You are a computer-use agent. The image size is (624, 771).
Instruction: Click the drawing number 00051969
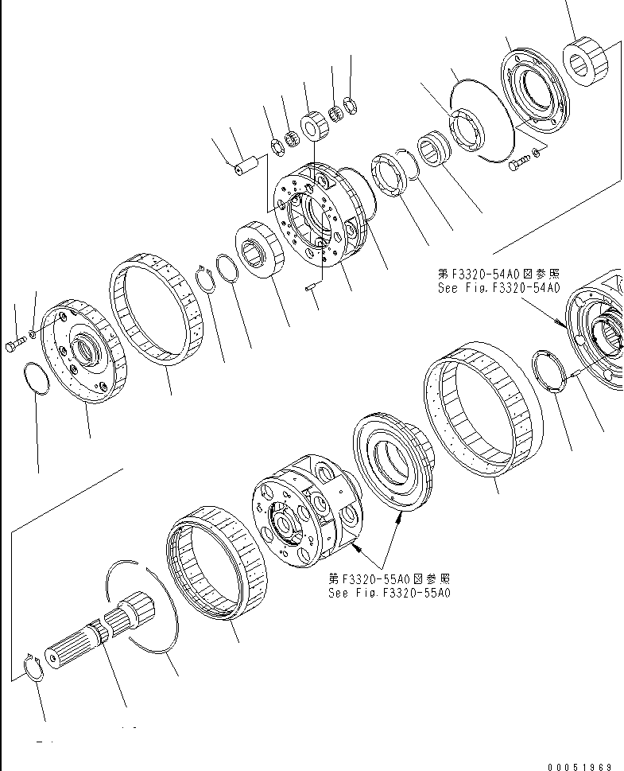(579, 766)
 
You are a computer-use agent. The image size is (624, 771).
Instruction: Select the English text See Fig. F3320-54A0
(498, 287)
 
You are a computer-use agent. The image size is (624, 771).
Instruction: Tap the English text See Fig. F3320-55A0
(389, 593)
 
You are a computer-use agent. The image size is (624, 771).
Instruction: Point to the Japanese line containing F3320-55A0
(389, 578)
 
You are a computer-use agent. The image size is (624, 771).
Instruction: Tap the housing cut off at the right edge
(600, 334)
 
